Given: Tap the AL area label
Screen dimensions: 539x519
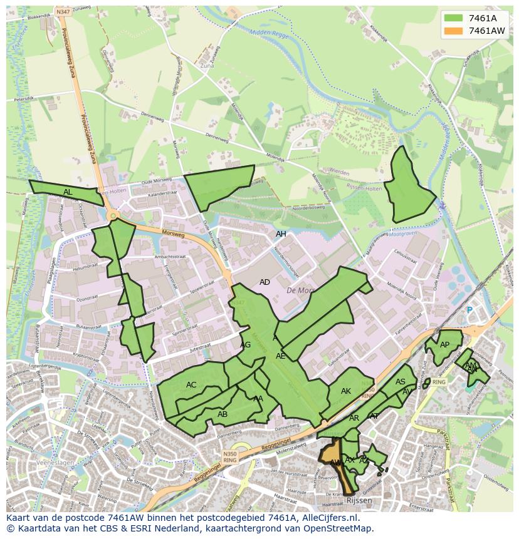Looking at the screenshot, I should (68, 192).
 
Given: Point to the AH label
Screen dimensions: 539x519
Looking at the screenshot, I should (281, 234).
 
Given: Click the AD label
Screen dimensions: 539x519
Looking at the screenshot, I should (265, 282).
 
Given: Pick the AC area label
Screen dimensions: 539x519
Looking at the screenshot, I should (191, 384).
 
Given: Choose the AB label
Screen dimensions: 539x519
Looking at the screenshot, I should (222, 414).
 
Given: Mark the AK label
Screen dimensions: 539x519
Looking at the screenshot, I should (346, 391).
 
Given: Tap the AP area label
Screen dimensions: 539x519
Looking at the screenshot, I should (444, 345).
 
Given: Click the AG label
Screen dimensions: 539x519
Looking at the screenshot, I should (245, 345).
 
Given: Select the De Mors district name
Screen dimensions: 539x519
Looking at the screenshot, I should (299, 290).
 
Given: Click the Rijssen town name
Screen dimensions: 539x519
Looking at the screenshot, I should (359, 501).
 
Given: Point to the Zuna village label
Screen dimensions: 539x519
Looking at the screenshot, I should (207, 65).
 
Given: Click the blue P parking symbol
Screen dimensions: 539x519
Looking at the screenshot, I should (469, 310).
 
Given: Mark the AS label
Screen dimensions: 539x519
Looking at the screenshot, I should (400, 382).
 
